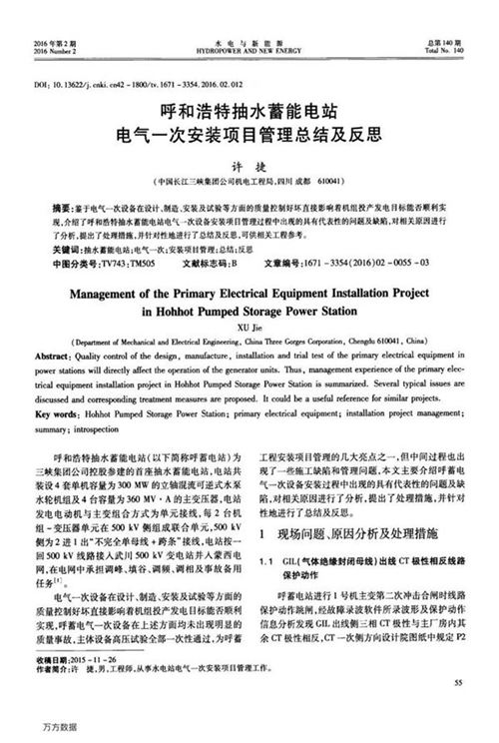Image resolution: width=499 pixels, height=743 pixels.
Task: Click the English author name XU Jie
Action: [x=250, y=323]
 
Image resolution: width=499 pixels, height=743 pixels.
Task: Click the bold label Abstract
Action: [x=53, y=356]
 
